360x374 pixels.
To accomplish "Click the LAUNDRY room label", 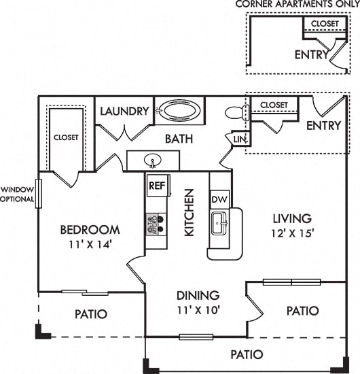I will pyautogui.click(x=124, y=112).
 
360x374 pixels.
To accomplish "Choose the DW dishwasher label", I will pyautogui.click(x=219, y=200).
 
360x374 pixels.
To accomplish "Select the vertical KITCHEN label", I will pyautogui.click(x=190, y=212).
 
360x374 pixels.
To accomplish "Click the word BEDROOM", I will pyautogui.click(x=90, y=230).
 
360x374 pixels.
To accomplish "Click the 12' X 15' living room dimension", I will pyautogui.click(x=292, y=233).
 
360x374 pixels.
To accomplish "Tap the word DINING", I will pyautogui.click(x=198, y=295).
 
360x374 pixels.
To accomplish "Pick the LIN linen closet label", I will pyautogui.click(x=239, y=139).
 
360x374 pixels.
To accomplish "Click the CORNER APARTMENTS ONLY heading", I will pyautogui.click(x=297, y=5).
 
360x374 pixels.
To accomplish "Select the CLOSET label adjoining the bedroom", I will pyautogui.click(x=66, y=137).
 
